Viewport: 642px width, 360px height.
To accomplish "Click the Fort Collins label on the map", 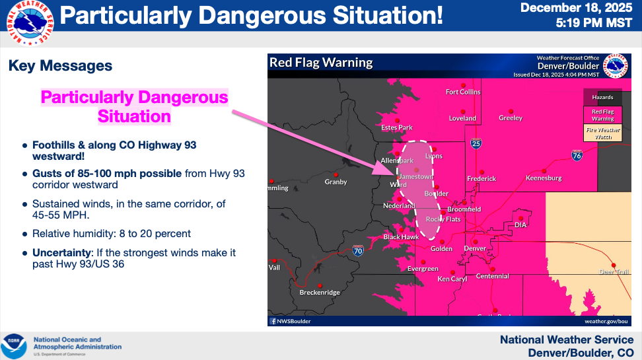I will pos(463,92).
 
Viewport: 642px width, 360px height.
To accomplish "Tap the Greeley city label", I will pos(510,118).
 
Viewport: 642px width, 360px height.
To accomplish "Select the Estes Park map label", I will pos(396,127).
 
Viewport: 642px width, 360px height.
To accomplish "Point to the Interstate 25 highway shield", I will pos(476,143).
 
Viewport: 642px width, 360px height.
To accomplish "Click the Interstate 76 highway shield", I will pos(576,156).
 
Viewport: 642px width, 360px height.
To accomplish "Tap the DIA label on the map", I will pos(520,225).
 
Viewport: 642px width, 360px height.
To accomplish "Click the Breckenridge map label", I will pos(320,293).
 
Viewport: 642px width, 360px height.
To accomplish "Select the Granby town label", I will pos(336,182).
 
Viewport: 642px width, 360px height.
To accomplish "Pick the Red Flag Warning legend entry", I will pos(602,115).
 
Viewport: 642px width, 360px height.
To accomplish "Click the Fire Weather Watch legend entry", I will pos(602,133).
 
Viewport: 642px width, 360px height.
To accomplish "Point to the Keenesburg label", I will pos(543,178).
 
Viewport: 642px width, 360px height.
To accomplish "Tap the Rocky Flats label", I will pos(443,219).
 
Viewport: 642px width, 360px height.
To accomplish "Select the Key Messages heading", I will pos(60,66).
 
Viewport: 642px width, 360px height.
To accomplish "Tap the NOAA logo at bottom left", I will pos(13,346).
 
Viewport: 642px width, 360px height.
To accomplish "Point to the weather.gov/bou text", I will pos(604,321).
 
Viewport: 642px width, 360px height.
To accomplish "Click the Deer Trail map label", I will pos(614,271).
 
